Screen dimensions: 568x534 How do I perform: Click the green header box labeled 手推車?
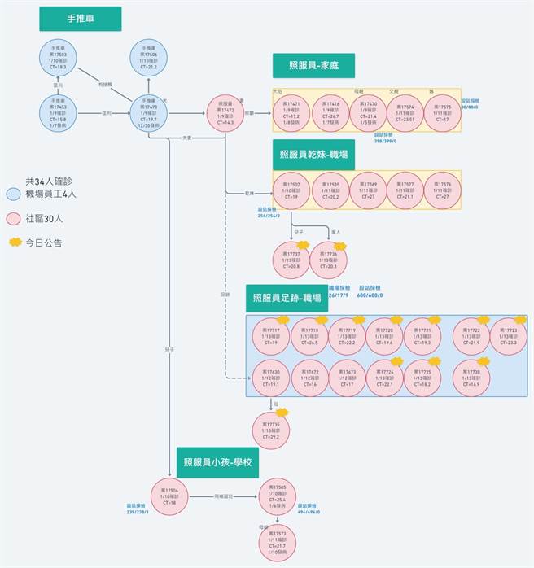[x=80, y=19]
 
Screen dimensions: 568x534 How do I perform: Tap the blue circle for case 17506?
[x=149, y=58]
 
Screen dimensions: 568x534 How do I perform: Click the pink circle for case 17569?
[x=368, y=190]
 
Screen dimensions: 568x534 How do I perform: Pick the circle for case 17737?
[x=291, y=260]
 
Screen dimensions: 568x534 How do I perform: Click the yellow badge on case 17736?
[x=341, y=244]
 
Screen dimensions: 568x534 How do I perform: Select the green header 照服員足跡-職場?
[x=286, y=298]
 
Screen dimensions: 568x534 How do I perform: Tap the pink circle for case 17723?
[x=509, y=336]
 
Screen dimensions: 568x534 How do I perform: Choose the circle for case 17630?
[x=271, y=378]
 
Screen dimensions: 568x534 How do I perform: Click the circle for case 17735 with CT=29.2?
[x=271, y=430]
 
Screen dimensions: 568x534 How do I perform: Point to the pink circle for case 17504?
[x=170, y=496]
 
